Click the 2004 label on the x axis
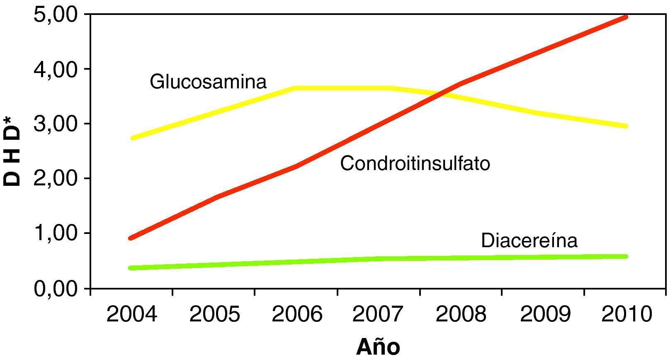tap(132, 314)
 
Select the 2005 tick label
tap(214, 314)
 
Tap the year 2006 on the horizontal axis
tap(296, 314)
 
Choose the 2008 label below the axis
tap(461, 314)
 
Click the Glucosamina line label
tap(208, 82)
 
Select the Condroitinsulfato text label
tap(415, 163)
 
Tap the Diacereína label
tap(529, 241)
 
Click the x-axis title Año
tap(378, 347)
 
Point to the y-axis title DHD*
tap(12, 151)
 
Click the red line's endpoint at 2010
tap(626, 17)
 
